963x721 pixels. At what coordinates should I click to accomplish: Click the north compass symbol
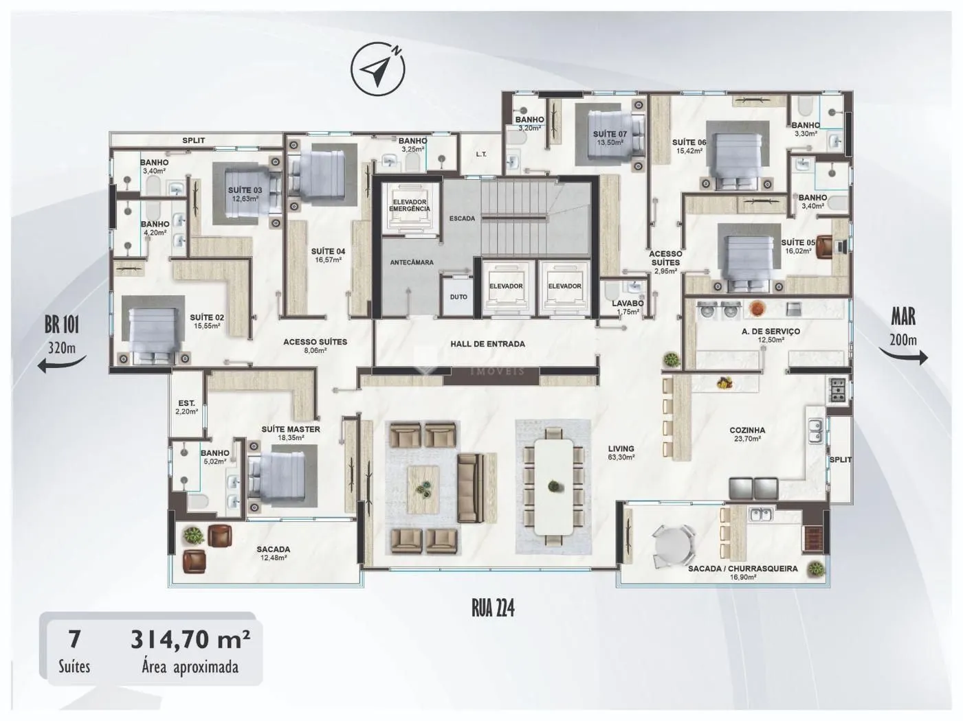pos(377,69)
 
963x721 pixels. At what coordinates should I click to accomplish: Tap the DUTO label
pos(458,297)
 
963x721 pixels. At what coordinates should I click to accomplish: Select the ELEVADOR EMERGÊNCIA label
pos(410,205)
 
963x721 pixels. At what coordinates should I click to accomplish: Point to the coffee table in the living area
pos(423,490)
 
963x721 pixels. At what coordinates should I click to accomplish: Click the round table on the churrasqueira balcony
pos(672,546)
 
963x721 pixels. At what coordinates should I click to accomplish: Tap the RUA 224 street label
pos(493,608)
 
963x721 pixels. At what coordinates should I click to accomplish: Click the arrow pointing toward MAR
pos(903,355)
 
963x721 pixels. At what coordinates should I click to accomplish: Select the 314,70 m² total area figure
pos(190,639)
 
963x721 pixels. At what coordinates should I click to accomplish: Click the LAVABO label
pos(628,304)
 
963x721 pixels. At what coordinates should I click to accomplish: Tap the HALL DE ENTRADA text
pos(487,344)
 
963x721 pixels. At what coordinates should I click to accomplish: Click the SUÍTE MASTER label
pos(291,429)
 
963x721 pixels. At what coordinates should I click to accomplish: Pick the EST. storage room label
pos(186,403)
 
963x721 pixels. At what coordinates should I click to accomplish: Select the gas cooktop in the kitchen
pos(837,390)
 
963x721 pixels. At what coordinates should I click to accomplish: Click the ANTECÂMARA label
pos(412,262)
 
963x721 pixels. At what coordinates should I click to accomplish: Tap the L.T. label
pos(481,154)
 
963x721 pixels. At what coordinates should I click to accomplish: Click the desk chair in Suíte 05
pos(826,247)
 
